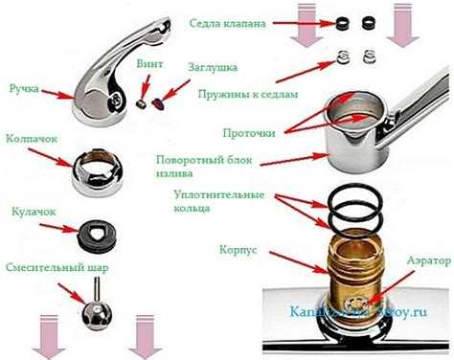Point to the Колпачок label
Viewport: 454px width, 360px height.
pos(32,139)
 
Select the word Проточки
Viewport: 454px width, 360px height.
pos(245,132)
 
